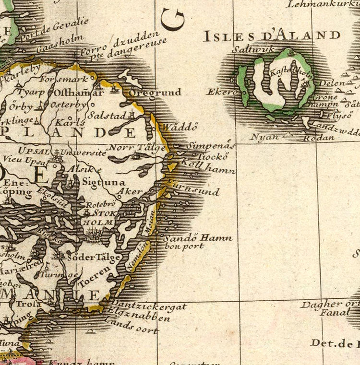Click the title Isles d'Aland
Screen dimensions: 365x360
pyautogui.click(x=272, y=35)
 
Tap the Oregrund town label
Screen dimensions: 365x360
pyautogui.click(x=156, y=92)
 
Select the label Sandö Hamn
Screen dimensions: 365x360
pyautogui.click(x=198, y=238)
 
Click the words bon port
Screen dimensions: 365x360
pyautogui.click(x=184, y=246)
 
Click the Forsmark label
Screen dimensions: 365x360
pyautogui.click(x=65, y=79)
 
